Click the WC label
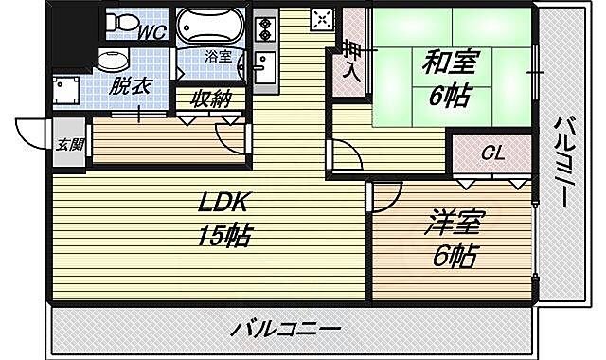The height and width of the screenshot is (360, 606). (152, 32)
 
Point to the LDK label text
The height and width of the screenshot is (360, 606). (223, 203)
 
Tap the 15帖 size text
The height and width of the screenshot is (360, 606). (224, 235)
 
